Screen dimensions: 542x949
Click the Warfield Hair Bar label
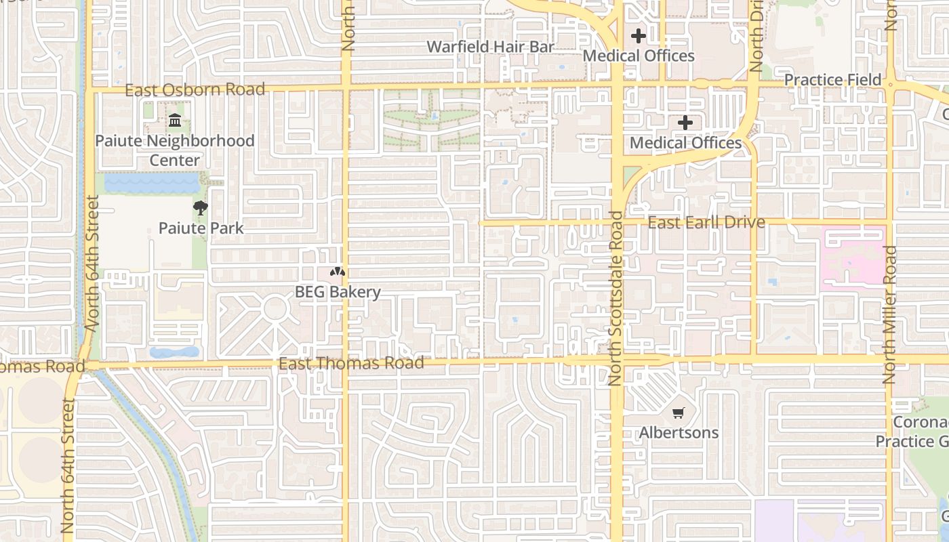click(x=490, y=47)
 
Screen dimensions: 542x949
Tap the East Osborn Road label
click(x=195, y=89)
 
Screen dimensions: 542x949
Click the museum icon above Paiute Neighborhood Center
click(x=175, y=121)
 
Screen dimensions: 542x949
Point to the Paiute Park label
click(x=201, y=228)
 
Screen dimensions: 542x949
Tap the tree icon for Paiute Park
click(x=200, y=208)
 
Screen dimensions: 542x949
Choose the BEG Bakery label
click(x=338, y=292)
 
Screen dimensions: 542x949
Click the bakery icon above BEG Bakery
click(x=338, y=272)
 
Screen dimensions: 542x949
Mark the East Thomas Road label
click(x=351, y=363)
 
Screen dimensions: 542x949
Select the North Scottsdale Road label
click(x=615, y=298)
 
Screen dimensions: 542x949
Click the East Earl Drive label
click(x=706, y=222)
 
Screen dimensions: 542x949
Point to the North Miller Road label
click(x=890, y=315)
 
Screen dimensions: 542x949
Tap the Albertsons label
click(x=679, y=432)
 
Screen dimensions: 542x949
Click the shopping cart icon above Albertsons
click(x=679, y=413)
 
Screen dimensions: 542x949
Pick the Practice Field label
click(x=832, y=80)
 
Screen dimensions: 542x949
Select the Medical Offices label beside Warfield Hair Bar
click(x=639, y=56)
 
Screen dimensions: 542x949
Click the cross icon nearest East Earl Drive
click(x=685, y=123)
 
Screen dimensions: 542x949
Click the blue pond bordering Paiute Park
click(x=151, y=182)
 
